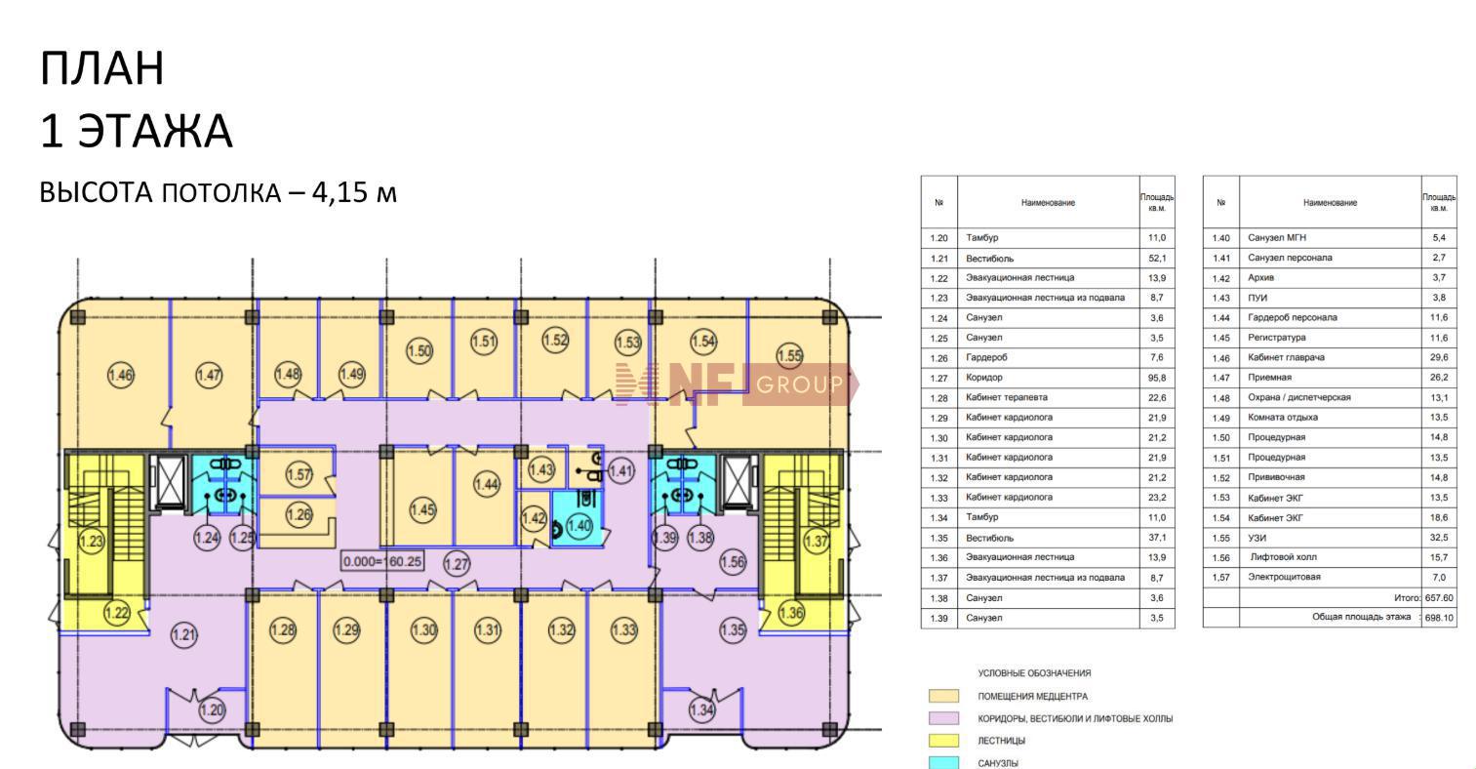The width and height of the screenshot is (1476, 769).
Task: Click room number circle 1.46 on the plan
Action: click(x=121, y=376)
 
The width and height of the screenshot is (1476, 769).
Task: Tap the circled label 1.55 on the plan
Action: click(x=789, y=356)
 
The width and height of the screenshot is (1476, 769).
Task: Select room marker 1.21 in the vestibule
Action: click(x=183, y=635)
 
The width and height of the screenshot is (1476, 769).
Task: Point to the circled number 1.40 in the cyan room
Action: click(x=579, y=526)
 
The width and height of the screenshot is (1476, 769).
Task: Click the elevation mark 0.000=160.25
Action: click(x=382, y=561)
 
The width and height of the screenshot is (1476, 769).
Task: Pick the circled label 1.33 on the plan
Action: click(x=624, y=630)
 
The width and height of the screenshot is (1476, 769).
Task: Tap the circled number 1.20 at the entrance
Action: click(x=212, y=710)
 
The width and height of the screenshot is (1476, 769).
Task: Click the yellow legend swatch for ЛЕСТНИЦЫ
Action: click(x=943, y=741)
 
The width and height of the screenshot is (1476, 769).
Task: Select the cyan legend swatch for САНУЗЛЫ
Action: click(x=943, y=763)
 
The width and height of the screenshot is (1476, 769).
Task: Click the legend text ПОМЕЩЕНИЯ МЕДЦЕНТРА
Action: click(x=1032, y=697)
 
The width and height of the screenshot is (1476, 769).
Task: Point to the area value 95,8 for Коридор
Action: click(x=1156, y=378)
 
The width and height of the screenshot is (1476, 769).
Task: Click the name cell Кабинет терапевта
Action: click(x=1006, y=397)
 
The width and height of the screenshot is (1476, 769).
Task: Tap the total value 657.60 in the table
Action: click(x=1439, y=598)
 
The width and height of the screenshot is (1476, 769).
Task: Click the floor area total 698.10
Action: click(x=1439, y=618)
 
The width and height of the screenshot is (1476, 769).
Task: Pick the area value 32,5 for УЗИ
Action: click(x=1439, y=538)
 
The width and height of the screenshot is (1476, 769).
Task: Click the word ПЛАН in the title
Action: click(x=102, y=68)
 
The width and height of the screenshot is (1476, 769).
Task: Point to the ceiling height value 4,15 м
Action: click(x=354, y=192)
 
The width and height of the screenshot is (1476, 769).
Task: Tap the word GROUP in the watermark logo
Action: click(x=799, y=384)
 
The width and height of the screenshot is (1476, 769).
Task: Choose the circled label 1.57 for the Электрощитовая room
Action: click(x=299, y=474)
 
